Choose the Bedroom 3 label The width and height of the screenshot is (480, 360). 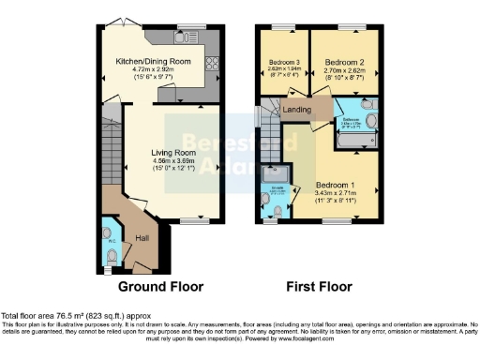tap(283, 63)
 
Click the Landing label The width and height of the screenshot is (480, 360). tap(298, 109)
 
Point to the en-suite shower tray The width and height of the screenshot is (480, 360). tap(276, 173)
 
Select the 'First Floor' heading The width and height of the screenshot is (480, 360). tap(318, 286)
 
